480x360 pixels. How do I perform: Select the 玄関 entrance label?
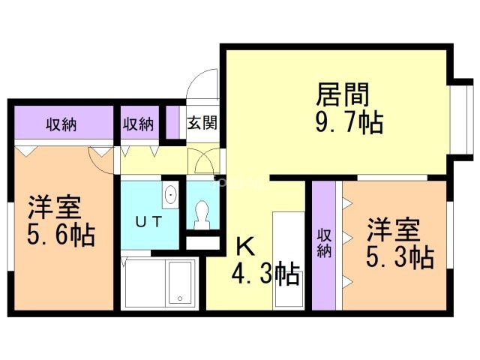point(202,122)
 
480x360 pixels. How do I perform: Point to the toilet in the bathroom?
point(200,214)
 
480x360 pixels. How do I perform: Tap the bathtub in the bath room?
point(179,283)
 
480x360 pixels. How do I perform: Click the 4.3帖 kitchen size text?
point(264,274)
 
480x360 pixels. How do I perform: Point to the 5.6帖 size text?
point(61,236)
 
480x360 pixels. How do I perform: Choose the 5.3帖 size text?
point(399,257)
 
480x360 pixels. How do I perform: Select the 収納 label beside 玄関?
point(139,124)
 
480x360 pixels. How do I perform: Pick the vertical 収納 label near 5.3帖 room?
point(323,242)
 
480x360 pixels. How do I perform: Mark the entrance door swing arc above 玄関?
point(204,82)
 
